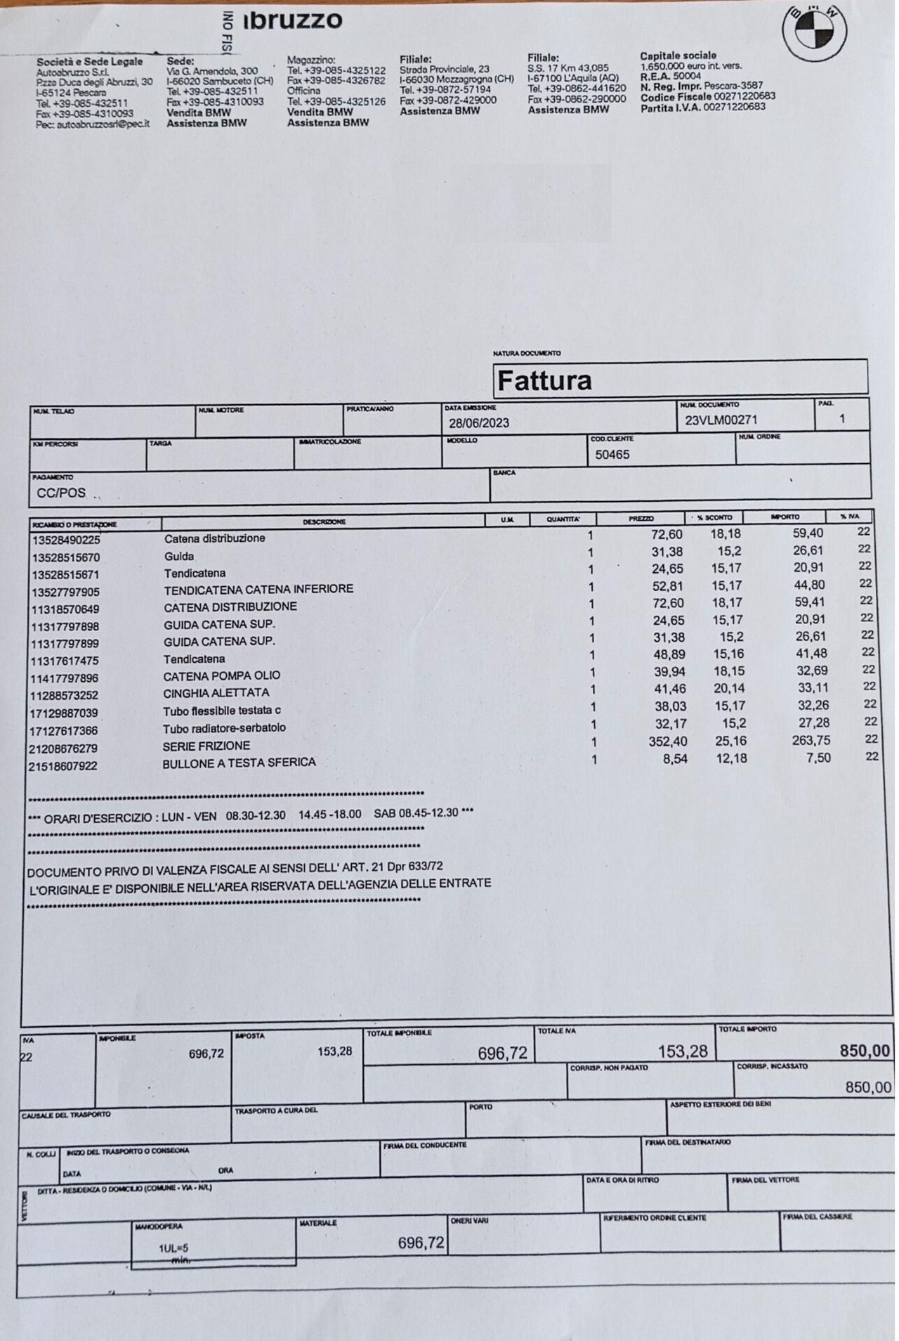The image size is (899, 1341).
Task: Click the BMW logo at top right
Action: (815, 30)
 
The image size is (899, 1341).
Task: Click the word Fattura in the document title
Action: (544, 380)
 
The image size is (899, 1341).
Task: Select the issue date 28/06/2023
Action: (479, 423)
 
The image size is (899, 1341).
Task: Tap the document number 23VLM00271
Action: (721, 420)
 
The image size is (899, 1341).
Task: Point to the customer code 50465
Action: (612, 455)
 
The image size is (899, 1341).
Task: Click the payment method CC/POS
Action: (61, 493)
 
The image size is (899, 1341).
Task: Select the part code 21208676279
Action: (63, 749)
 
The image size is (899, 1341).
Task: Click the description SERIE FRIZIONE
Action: (206, 746)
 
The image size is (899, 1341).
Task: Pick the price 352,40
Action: (668, 741)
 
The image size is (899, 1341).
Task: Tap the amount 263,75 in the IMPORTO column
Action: (811, 740)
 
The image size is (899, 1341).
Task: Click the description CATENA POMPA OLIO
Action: (221, 676)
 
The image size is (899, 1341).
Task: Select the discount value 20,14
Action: (728, 689)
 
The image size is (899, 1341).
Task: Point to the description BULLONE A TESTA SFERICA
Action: (239, 763)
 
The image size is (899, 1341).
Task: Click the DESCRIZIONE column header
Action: (324, 522)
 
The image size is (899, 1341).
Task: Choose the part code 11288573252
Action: (64, 696)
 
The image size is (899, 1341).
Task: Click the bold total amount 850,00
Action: (865, 1051)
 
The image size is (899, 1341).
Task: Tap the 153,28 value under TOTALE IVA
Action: (683, 1051)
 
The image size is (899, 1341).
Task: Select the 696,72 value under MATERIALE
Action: (421, 1243)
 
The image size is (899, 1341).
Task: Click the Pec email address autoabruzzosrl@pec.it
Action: (103, 124)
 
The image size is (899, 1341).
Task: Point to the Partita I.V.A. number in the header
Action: (733, 107)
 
